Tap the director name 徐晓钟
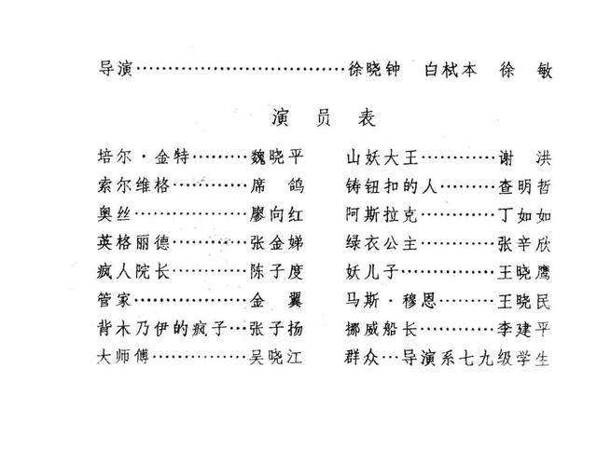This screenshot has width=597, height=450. pos(373,70)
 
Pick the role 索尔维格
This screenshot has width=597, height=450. pos(133,185)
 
